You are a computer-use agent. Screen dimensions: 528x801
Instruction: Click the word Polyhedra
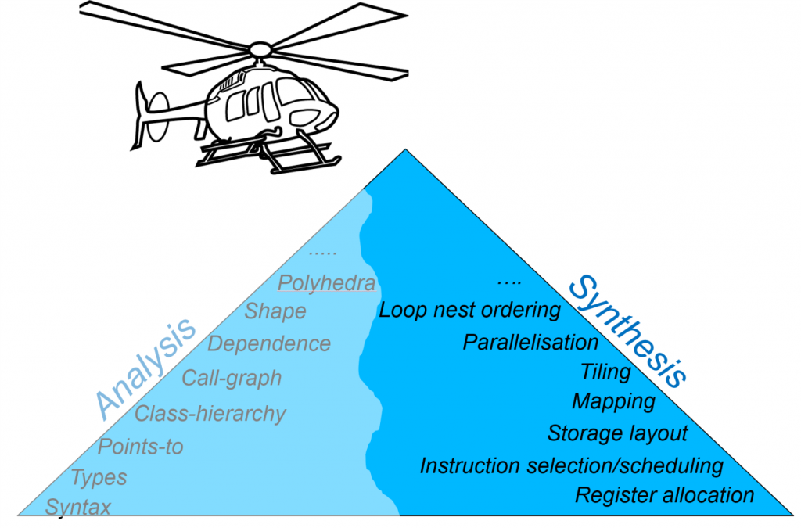[327, 282]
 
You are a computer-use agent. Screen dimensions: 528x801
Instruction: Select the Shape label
[275, 311]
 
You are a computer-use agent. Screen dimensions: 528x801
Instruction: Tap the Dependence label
[269, 343]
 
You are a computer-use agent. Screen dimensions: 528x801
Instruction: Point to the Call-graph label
[232, 378]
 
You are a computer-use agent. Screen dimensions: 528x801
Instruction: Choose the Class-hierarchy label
[210, 413]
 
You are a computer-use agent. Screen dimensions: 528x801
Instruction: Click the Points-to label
[141, 447]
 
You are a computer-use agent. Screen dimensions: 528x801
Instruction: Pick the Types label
[99, 476]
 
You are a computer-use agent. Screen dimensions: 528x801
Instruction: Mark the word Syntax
[78, 507]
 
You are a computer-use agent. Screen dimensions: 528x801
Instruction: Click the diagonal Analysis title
[145, 368]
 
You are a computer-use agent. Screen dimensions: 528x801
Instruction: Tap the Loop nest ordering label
[470, 310]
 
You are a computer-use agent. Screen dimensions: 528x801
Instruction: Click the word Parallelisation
[530, 342]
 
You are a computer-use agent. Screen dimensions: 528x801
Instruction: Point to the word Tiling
[605, 371]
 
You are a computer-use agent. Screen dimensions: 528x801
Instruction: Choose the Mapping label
[614, 401]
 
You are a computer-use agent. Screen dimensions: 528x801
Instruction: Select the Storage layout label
[617, 433]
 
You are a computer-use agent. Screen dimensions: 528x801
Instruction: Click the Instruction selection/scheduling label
[571, 465]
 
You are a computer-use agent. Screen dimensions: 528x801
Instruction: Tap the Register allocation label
[664, 495]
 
